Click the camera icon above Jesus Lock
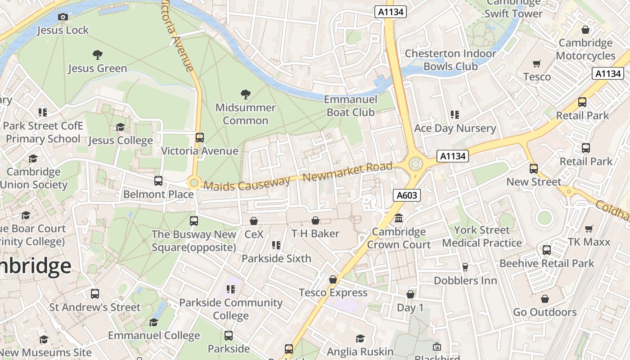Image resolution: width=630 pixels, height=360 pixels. [63, 17]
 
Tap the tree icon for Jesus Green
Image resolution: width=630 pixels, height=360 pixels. [97, 55]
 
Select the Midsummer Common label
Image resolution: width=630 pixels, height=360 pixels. [245, 114]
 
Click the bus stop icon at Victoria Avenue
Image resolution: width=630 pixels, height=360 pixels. [199, 137]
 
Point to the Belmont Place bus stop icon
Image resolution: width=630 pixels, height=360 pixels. [158, 181]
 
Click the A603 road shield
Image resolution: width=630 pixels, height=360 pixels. [407, 195]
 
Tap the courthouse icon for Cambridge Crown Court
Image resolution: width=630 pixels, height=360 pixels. [399, 219]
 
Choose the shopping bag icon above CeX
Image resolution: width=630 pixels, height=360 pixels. [254, 221]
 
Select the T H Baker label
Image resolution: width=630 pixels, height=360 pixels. [315, 234]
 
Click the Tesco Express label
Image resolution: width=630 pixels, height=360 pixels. [333, 293]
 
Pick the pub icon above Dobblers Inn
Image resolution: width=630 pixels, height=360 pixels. [465, 267]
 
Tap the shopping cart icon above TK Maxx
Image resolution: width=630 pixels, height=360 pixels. [589, 229]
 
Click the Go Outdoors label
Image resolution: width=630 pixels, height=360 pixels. [544, 312]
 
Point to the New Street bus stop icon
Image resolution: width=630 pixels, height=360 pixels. [534, 169]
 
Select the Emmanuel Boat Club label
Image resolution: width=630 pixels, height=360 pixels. [351, 106]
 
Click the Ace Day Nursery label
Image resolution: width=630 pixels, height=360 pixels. [454, 128]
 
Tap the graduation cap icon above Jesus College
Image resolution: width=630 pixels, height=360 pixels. [120, 127]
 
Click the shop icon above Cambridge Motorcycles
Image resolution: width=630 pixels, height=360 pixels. [585, 30]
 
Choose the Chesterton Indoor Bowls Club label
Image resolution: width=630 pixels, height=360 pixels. [450, 60]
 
